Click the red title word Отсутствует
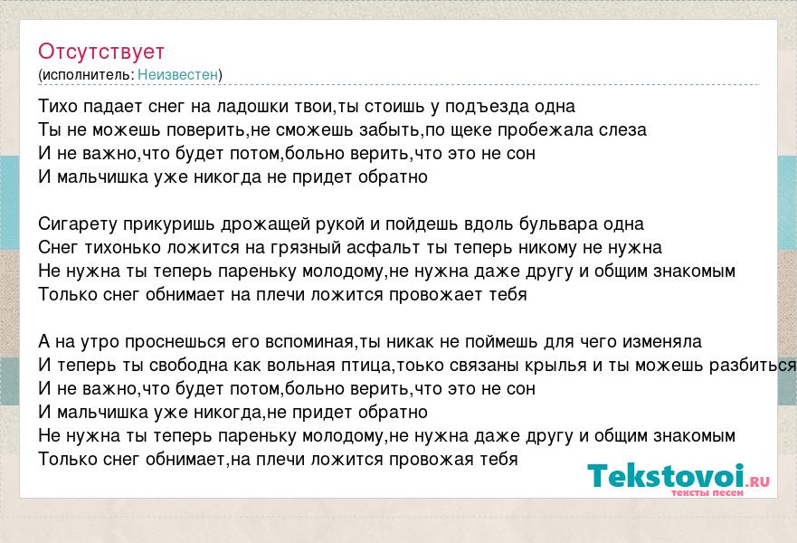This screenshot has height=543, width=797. click(101, 52)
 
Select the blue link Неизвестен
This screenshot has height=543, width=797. click(177, 75)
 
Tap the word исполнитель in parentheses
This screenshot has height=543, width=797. click(87, 75)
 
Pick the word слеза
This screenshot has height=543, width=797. click(622, 130)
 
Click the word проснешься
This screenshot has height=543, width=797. click(175, 342)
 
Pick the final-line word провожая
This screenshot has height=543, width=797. click(431, 460)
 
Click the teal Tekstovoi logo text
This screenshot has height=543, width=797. click(666, 476)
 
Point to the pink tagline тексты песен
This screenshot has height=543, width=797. click(707, 492)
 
